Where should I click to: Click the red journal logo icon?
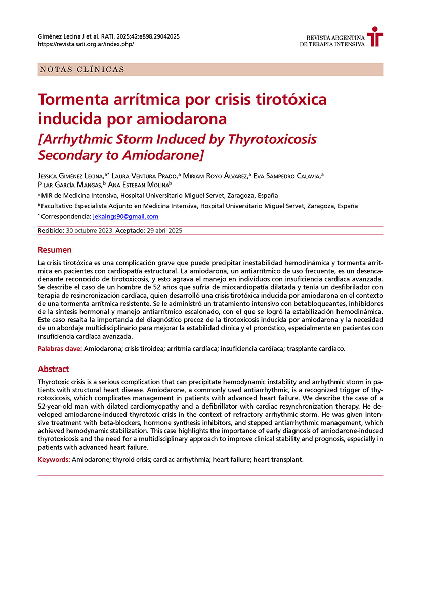[375, 36]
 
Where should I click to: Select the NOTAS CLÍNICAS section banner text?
[81, 69]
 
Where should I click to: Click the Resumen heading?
[55, 250]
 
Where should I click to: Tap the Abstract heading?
[54, 369]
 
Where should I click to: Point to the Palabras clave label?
[60, 349]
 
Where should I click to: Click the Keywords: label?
[54, 459]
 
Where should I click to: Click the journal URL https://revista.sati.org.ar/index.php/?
[86, 44]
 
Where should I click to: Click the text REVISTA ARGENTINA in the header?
[335, 38]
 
